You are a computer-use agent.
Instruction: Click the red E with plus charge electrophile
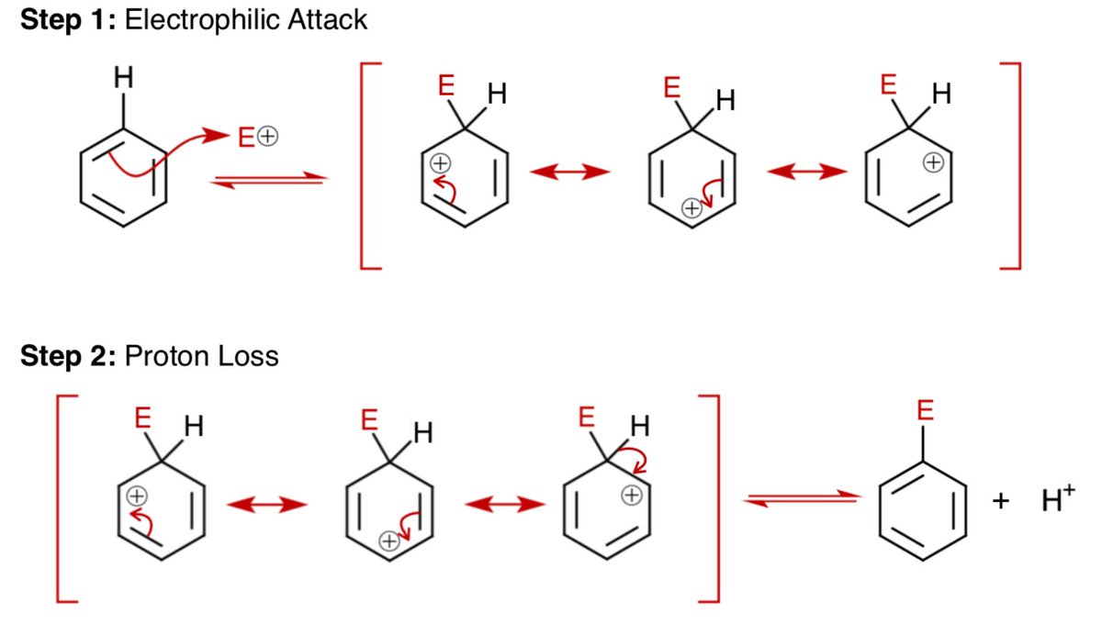click(257, 138)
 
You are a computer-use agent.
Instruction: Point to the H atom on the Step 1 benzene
click(123, 80)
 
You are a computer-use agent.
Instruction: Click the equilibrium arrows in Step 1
click(269, 181)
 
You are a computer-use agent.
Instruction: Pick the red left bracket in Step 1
click(367, 165)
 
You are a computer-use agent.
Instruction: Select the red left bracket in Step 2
click(64, 498)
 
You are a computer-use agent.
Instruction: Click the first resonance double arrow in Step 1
click(570, 172)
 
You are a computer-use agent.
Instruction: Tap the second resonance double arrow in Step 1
click(807, 172)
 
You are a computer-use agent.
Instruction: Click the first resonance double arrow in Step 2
click(266, 504)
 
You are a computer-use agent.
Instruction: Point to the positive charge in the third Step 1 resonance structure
click(933, 163)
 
